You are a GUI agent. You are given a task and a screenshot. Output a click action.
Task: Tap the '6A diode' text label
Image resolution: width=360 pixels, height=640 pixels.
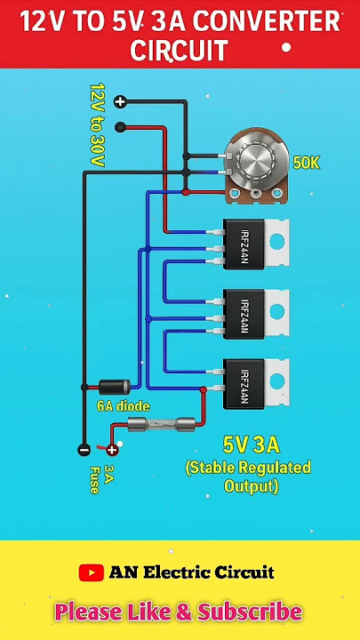pos(123,406)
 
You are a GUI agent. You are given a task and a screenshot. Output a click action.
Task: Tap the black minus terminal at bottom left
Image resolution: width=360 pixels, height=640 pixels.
pos(84,450)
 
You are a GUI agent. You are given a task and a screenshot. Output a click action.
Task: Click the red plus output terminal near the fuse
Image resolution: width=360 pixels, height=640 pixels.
pos(111,450)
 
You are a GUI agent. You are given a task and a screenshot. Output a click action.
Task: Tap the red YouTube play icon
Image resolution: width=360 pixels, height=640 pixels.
pos(92,572)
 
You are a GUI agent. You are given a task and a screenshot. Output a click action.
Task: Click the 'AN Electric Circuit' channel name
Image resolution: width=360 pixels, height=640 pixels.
pos(191,572)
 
